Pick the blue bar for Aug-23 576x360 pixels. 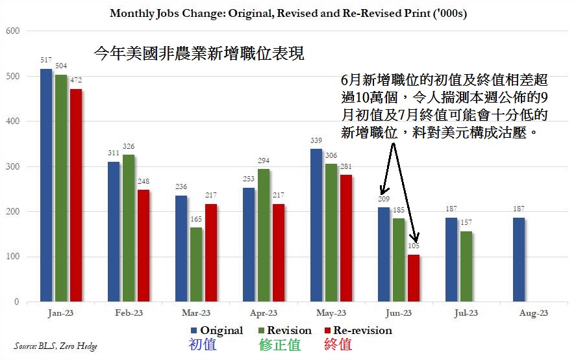click(518, 259)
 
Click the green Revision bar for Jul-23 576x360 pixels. click(465, 266)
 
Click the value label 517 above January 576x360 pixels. click(46, 60)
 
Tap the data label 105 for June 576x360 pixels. click(413, 246)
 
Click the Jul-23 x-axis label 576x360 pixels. click(465, 313)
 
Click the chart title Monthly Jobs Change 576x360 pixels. click(288, 13)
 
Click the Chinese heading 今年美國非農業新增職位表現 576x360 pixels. click(199, 53)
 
